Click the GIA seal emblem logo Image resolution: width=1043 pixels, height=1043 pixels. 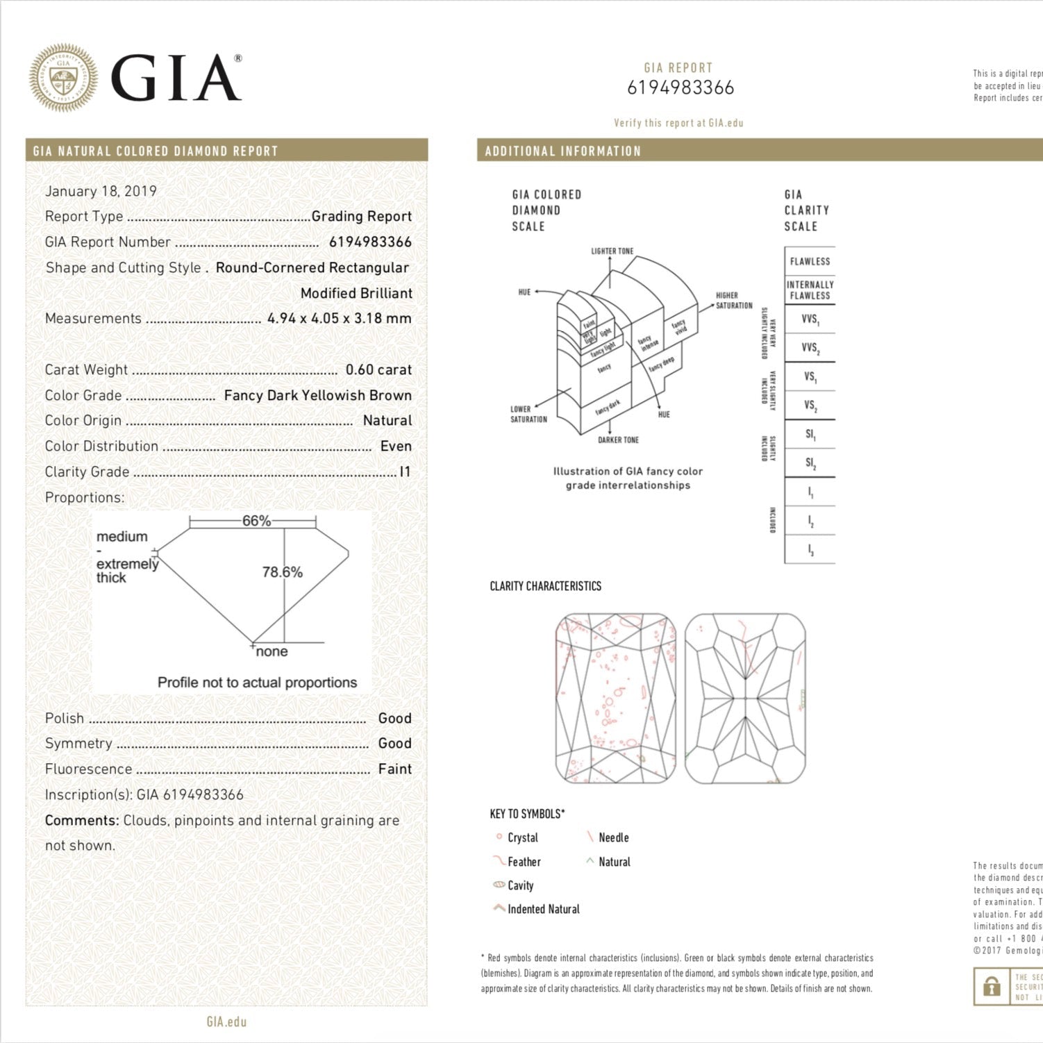coord(63,78)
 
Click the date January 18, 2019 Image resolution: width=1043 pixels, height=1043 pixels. coord(101,191)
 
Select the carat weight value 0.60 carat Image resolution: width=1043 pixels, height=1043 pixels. coord(378,369)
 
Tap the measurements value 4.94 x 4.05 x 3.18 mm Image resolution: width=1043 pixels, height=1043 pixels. coord(339,318)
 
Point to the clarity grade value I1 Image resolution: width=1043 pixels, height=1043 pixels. coord(405,472)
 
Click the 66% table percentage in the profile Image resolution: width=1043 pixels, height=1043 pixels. coord(256,521)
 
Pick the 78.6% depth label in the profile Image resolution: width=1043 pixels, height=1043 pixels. coord(282,572)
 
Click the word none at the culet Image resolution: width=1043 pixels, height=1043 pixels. coord(272,651)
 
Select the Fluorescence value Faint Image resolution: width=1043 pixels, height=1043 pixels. coord(394,769)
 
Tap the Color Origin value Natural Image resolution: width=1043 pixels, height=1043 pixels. coord(387,420)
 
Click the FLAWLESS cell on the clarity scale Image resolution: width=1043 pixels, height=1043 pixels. coord(810,261)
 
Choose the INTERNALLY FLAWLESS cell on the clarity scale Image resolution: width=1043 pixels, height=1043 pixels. coord(810,290)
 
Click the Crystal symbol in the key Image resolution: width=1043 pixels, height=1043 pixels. coord(498,837)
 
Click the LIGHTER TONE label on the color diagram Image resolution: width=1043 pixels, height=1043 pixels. coord(612,251)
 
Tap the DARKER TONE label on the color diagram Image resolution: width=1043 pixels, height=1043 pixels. coord(618,440)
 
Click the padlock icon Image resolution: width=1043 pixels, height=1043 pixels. coord(992,986)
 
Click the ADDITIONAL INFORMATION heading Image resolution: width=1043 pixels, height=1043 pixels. coord(562,151)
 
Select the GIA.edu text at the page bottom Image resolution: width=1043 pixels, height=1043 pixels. coord(226,1021)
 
